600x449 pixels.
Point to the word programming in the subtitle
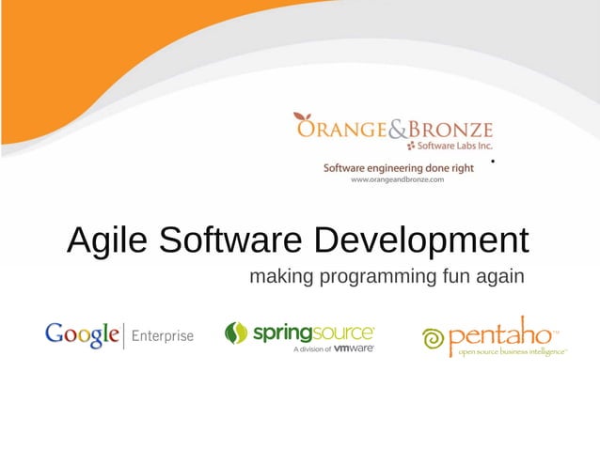pos(371,278)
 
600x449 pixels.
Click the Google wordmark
pos(83,335)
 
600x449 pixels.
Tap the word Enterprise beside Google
pos(163,336)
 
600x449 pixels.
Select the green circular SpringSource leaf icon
pos(236,333)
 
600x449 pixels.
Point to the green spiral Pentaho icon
pos(434,338)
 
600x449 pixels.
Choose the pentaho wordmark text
pos(501,333)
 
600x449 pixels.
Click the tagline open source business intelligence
pos(512,352)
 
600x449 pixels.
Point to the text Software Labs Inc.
pos(454,147)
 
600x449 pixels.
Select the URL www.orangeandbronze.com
pos(396,179)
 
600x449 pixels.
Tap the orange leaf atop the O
pos(302,117)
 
